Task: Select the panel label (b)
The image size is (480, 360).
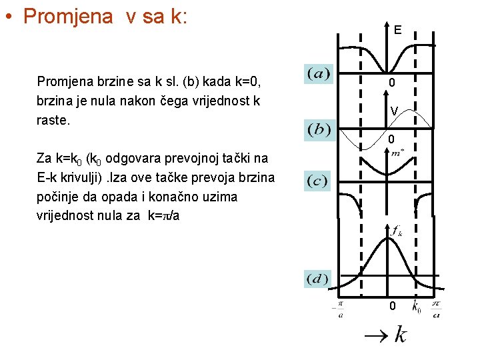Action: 319,129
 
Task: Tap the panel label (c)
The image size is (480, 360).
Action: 319,181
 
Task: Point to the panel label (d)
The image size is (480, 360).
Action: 319,278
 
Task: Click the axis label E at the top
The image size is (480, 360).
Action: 397,30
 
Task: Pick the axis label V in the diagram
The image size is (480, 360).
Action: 395,111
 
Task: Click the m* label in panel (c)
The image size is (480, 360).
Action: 398,153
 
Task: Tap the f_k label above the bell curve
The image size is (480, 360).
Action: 397,231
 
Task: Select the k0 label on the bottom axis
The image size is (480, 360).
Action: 416,307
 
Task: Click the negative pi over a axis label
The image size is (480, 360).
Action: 339,309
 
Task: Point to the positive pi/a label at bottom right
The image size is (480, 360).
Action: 436,309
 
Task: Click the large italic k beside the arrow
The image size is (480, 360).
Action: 400,334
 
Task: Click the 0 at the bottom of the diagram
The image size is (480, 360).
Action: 393,306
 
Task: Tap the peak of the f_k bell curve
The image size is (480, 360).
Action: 389,241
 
